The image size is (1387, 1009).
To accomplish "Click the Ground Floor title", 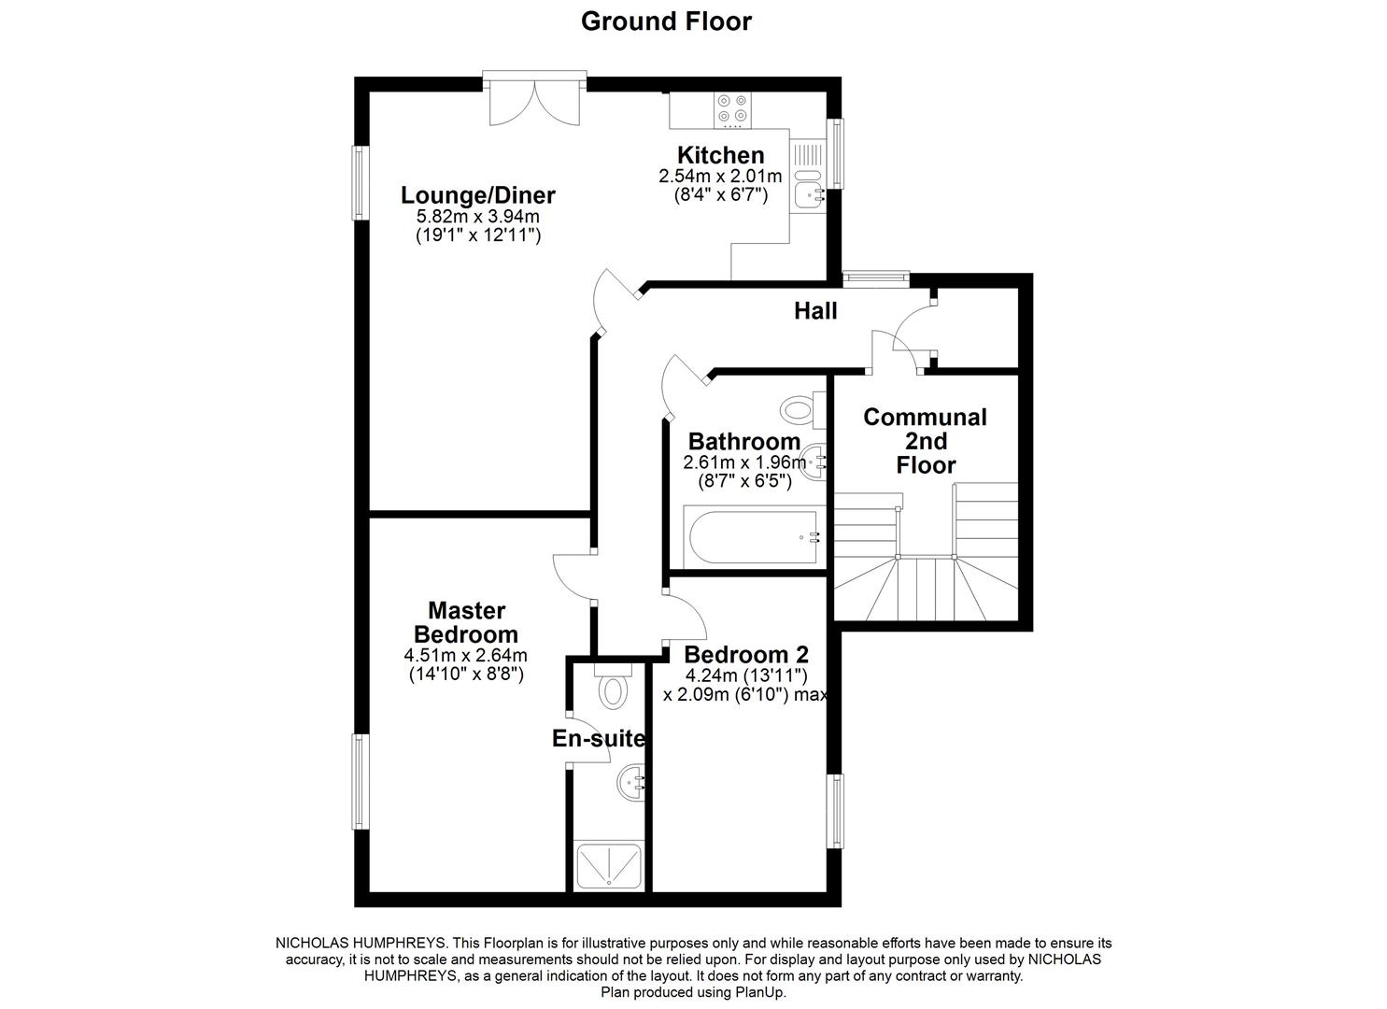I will click(666, 21).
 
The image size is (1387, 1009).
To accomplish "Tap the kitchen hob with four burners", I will click(731, 110).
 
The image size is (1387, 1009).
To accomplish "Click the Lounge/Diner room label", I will click(477, 195).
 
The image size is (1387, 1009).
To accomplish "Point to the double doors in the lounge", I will click(534, 101).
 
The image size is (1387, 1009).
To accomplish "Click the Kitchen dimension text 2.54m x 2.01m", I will click(720, 176).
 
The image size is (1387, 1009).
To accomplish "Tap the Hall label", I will click(815, 311).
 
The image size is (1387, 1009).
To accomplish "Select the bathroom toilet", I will click(801, 408).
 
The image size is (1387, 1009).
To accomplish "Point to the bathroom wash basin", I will click(815, 462).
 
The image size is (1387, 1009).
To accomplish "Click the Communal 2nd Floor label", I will click(925, 441).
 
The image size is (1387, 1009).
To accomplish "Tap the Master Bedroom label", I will click(466, 622).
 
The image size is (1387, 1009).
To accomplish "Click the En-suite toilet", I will click(613, 689).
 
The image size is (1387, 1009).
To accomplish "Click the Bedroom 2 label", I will click(745, 654).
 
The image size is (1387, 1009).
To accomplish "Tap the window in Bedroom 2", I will click(836, 810).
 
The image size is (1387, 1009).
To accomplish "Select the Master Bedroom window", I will click(358, 781).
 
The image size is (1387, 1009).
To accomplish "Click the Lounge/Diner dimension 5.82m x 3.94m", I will click(477, 217).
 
